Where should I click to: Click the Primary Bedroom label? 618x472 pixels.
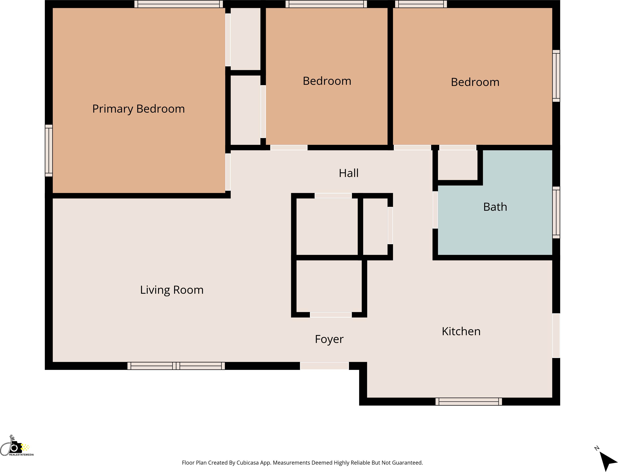click(x=138, y=109)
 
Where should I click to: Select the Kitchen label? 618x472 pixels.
click(x=461, y=331)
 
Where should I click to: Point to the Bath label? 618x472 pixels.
click(x=495, y=207)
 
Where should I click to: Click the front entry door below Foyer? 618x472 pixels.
click(x=324, y=366)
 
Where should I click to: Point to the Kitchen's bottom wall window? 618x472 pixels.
click(x=469, y=402)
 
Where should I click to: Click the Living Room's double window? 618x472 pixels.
click(x=176, y=366)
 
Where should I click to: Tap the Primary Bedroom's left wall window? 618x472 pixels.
click(x=49, y=151)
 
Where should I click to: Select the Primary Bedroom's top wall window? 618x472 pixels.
click(x=179, y=4)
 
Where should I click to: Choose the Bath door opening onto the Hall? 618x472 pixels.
click(x=435, y=210)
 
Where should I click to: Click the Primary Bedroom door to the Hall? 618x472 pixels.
click(x=228, y=172)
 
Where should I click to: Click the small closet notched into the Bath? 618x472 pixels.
click(x=458, y=165)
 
